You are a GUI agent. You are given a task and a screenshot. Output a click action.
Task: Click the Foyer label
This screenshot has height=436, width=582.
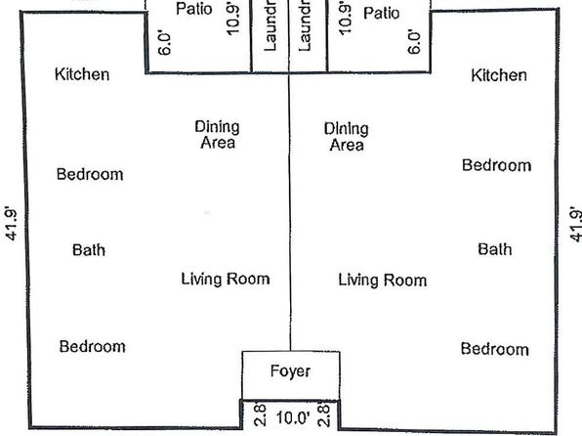pyautogui.click(x=290, y=371)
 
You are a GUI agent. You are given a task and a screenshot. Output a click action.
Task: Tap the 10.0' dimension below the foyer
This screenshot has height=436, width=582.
pyautogui.click(x=293, y=417)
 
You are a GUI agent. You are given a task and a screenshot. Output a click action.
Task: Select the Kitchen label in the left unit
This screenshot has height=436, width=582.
pyautogui.click(x=82, y=74)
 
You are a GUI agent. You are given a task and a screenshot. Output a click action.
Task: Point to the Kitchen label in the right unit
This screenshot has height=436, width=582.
pyautogui.click(x=499, y=75)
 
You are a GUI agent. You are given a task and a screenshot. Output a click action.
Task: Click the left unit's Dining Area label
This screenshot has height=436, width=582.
pyautogui.click(x=218, y=135)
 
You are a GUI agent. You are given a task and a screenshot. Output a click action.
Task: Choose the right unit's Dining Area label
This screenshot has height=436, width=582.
pyautogui.click(x=347, y=137)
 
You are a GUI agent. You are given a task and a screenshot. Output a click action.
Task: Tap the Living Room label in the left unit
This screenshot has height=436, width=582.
pyautogui.click(x=226, y=279)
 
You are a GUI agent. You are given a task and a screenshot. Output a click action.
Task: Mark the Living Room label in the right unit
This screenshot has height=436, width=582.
pyautogui.click(x=383, y=281)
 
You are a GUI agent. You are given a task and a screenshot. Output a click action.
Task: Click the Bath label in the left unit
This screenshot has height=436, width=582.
pyautogui.click(x=89, y=250)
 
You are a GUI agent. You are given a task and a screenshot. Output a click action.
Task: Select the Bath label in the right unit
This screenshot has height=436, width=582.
pyautogui.click(x=495, y=249)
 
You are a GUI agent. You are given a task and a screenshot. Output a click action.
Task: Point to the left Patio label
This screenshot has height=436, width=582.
pyautogui.click(x=194, y=9)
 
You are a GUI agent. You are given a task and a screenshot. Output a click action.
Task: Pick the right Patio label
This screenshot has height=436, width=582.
pyautogui.click(x=382, y=14)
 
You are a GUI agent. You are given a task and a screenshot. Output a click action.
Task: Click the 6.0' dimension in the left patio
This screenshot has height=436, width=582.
pyautogui.click(x=164, y=43)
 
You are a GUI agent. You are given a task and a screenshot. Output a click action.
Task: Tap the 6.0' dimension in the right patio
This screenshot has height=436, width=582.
pyautogui.click(x=415, y=42)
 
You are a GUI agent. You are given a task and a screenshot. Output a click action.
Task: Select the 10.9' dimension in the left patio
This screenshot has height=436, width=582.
pyautogui.click(x=232, y=19)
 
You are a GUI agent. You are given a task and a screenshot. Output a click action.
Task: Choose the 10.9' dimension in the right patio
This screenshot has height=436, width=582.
pyautogui.click(x=345, y=19)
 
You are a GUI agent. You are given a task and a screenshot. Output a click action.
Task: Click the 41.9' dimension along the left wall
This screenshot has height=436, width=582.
pyautogui.click(x=11, y=224)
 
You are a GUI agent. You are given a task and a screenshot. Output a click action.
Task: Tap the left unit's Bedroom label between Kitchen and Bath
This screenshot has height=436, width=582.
pyautogui.click(x=90, y=174)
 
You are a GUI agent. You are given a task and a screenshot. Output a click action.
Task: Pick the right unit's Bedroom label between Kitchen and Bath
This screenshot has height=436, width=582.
pyautogui.click(x=497, y=165)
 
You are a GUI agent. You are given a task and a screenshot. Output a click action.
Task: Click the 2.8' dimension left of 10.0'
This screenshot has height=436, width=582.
pyautogui.click(x=260, y=414)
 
